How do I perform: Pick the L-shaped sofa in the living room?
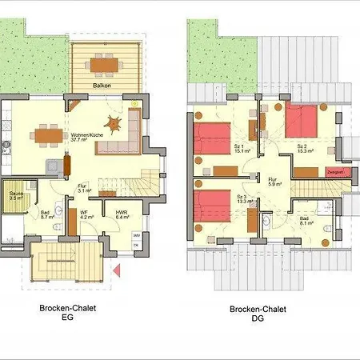click(128, 136)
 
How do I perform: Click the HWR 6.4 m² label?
click(122, 214)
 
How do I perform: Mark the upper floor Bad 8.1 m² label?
click(305, 221)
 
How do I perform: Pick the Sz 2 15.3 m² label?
click(303, 150)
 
